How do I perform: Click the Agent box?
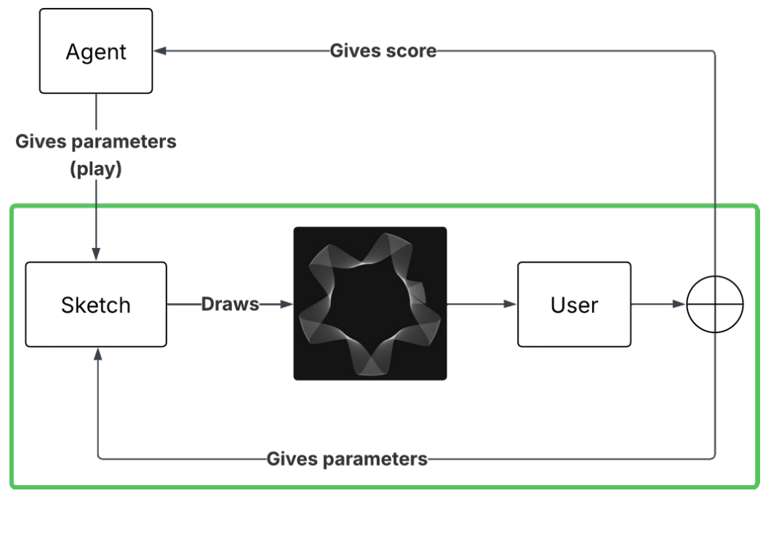pos(96,51)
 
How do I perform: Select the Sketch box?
pos(96,304)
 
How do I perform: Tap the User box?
pos(574,304)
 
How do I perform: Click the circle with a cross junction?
pos(715,304)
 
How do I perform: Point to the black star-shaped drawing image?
pos(369,303)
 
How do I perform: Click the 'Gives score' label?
pos(383,51)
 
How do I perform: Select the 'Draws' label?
pos(230,304)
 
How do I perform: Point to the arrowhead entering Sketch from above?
pos(96,255)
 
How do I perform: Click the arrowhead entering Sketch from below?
pos(97,353)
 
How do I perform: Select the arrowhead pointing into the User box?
pos(511,304)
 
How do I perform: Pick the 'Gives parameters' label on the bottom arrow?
pos(347,459)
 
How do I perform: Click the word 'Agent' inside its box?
pos(96,52)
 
